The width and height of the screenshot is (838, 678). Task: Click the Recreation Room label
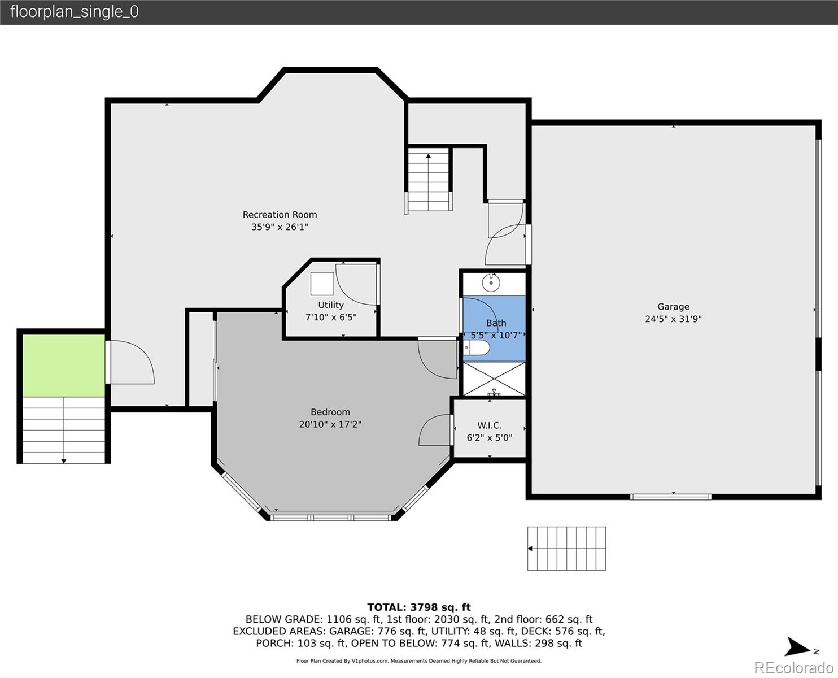click(280, 215)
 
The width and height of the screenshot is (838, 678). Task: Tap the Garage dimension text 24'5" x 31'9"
click(673, 319)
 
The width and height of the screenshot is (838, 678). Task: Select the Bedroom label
click(330, 412)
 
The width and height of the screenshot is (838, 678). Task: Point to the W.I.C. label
click(490, 425)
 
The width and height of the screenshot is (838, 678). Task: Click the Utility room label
click(331, 305)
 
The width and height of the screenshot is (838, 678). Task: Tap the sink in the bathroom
click(491, 282)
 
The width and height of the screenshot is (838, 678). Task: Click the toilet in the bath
click(477, 348)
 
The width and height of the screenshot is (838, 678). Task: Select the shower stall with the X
click(494, 379)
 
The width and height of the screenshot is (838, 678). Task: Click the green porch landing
click(64, 366)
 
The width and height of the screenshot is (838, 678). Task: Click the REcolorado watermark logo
click(793, 667)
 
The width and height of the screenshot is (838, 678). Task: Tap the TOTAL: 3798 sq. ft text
click(419, 607)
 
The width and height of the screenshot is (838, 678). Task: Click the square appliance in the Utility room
click(322, 283)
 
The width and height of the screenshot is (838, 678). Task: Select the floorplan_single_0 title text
click(75, 12)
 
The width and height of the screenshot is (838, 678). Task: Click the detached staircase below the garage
click(566, 549)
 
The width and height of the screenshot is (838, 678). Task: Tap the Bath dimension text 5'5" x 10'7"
click(496, 335)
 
